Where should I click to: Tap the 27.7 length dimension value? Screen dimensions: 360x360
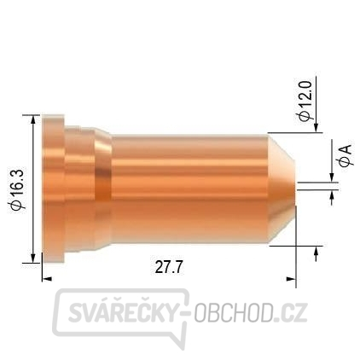(169, 267)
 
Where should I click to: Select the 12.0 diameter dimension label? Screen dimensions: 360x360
(306, 101)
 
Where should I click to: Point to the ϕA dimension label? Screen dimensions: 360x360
(346, 155)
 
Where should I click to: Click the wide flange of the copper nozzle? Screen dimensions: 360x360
(53, 189)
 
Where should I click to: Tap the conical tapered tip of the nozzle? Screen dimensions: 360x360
(282, 189)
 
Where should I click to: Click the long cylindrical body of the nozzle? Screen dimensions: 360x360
(189, 189)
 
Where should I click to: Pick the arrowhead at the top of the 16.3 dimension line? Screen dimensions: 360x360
(33, 119)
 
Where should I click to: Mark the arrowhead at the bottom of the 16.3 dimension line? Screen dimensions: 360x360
(33, 258)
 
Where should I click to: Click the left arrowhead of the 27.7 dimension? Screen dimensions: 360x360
(47, 279)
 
